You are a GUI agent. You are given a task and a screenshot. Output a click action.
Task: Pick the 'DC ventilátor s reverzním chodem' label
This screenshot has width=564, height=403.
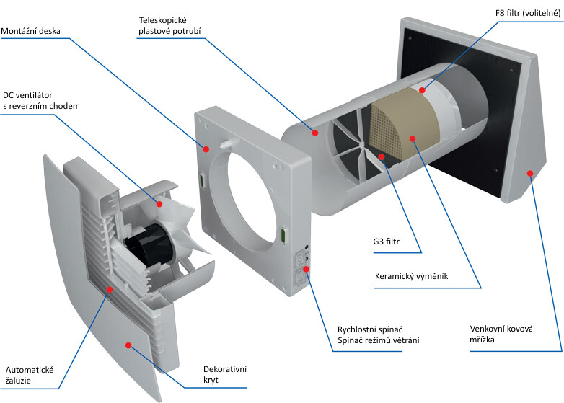click(x=40, y=100)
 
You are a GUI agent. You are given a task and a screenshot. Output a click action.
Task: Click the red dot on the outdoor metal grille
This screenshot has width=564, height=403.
click(x=530, y=172)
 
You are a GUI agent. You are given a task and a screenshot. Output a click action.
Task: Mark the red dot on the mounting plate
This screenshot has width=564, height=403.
click(x=206, y=149)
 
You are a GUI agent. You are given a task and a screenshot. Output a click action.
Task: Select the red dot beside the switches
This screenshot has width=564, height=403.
click(x=307, y=269)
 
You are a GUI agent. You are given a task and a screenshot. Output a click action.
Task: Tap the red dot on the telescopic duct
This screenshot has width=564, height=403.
click(x=314, y=132)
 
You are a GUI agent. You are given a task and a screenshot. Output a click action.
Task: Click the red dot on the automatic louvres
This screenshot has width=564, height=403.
click(x=109, y=289)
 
